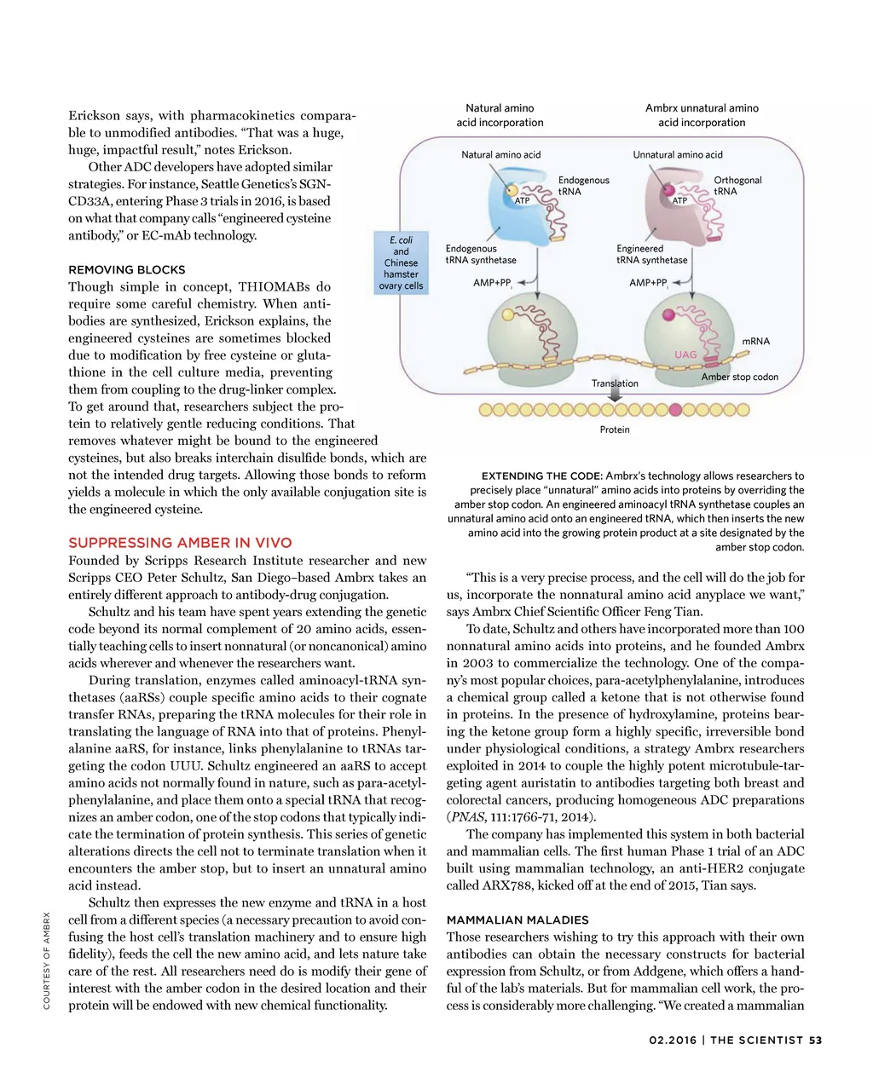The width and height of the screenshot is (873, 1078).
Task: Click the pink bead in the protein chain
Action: tap(676, 410)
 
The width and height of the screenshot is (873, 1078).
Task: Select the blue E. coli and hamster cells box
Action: tap(401, 262)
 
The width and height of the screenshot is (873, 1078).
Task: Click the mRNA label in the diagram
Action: tap(755, 341)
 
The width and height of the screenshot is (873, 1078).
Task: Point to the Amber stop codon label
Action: tap(739, 377)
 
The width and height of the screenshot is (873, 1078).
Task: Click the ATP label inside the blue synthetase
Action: tap(523, 201)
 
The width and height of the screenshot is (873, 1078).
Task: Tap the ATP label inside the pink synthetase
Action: tap(679, 201)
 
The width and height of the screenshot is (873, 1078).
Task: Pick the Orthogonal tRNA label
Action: tap(737, 186)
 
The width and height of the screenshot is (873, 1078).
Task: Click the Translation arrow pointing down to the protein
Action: tap(614, 392)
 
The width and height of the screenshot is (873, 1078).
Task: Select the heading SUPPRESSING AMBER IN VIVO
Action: tap(180, 543)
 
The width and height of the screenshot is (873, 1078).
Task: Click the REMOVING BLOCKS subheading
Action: tap(126, 269)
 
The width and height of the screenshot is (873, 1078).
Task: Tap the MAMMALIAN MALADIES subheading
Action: tap(517, 920)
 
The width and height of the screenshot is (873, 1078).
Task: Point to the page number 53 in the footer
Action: tap(815, 1040)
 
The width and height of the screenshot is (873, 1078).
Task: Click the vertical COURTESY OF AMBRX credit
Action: tap(47, 960)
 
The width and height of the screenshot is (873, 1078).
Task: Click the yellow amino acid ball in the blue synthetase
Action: tap(512, 190)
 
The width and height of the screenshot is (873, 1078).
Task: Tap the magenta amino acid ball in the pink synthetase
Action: tap(669, 189)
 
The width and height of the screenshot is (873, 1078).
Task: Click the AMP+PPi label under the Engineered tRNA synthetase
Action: tap(649, 283)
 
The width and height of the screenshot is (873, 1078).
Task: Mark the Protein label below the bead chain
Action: tap(615, 429)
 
